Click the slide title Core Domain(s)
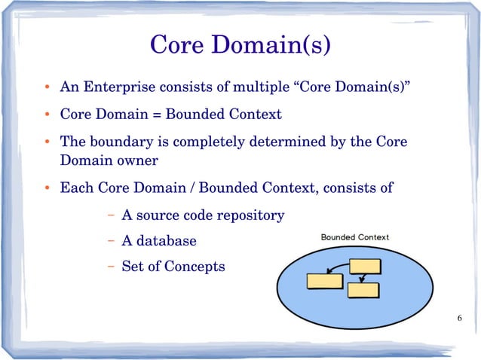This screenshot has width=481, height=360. [240, 44]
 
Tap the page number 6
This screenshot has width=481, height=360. [460, 319]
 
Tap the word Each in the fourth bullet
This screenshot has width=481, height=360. [76, 188]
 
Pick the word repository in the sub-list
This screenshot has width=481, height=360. [251, 215]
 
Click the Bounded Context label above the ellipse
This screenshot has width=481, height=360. [355, 237]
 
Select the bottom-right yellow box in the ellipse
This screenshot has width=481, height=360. [363, 289]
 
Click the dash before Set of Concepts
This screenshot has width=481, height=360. [110, 266]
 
